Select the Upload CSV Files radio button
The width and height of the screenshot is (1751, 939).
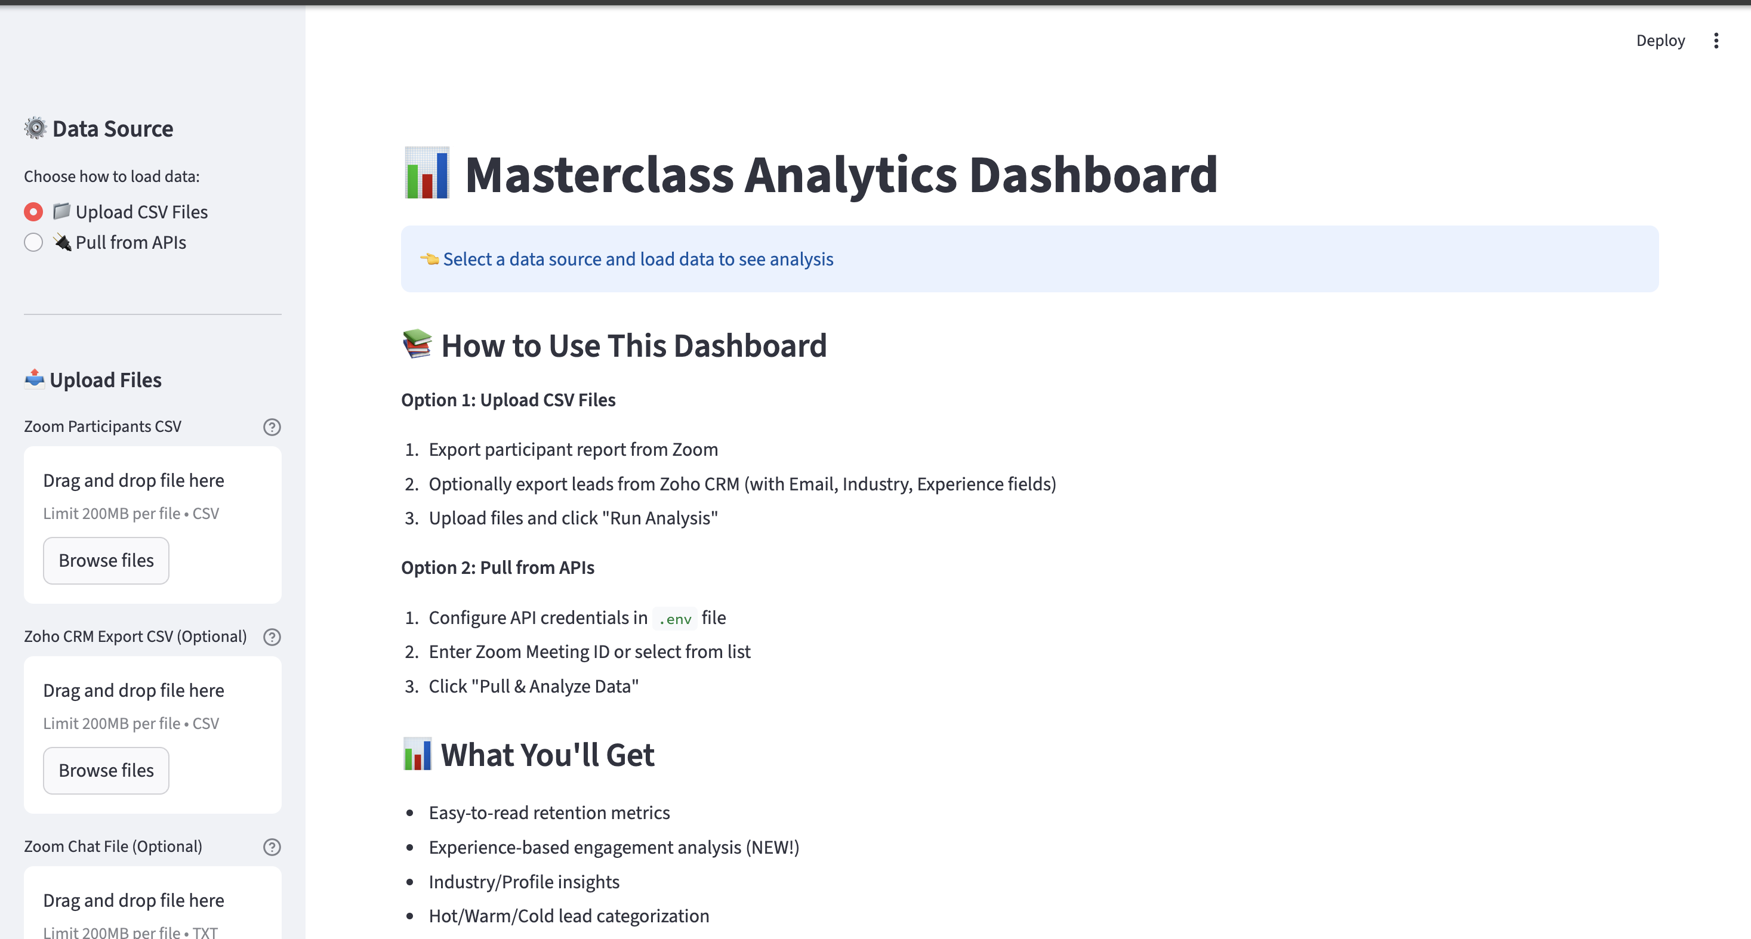click(x=33, y=212)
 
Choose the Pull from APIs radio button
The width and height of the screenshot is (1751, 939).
click(x=33, y=243)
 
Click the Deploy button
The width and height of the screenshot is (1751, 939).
click(x=1660, y=41)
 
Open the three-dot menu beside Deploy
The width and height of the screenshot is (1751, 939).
click(x=1716, y=41)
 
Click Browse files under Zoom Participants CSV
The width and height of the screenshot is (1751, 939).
click(x=106, y=561)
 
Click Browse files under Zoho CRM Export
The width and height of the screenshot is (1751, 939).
click(x=106, y=771)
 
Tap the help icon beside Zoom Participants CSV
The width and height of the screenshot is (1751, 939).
click(x=272, y=427)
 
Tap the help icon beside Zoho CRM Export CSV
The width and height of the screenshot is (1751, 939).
click(x=272, y=637)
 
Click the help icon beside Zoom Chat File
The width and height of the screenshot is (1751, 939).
click(x=272, y=847)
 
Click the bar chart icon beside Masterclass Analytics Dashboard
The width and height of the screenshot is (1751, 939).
click(x=427, y=174)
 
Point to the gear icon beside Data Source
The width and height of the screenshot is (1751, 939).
click(x=35, y=128)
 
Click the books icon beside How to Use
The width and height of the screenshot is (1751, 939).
click(x=417, y=344)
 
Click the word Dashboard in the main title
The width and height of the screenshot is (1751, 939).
click(x=1093, y=175)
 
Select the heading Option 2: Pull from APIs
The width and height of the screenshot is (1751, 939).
click(x=498, y=567)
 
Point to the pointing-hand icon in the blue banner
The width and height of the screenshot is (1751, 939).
click(x=430, y=259)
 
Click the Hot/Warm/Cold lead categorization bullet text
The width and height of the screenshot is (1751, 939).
click(x=568, y=916)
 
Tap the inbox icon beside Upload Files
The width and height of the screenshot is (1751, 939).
click(x=35, y=378)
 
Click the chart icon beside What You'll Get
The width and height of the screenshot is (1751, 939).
click(x=417, y=754)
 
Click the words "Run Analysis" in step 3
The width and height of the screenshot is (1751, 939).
click(x=659, y=518)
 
